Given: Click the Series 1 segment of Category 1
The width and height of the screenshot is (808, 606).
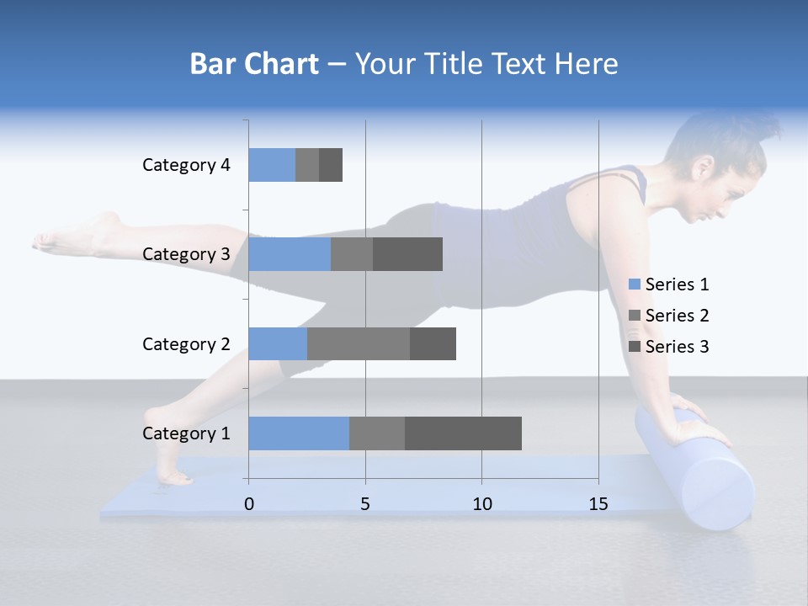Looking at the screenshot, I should (299, 433).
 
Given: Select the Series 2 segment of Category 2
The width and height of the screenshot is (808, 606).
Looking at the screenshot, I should (359, 343).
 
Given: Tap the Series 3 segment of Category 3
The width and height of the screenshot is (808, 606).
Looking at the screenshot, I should (407, 254).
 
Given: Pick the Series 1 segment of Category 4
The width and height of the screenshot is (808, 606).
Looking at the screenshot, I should (272, 165).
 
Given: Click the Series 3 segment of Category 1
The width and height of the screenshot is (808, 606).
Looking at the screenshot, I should (463, 433).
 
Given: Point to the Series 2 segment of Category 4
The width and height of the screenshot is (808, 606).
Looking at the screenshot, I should (307, 165).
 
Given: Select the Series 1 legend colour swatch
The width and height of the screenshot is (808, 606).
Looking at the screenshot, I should (635, 284).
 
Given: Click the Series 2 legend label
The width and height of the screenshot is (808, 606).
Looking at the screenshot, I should (677, 316).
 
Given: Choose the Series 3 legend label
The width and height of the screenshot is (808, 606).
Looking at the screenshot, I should (677, 347).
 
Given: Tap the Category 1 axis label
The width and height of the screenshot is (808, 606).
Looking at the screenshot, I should (186, 433).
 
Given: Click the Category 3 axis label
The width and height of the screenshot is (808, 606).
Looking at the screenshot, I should (186, 254).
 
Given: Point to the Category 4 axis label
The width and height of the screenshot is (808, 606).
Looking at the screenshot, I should (186, 165).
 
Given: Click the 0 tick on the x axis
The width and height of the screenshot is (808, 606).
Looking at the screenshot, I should (249, 504).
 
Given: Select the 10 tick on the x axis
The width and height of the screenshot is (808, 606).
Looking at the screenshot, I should (481, 504).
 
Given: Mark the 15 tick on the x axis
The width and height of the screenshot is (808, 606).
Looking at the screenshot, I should (598, 504).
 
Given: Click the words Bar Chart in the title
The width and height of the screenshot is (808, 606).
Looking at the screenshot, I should (254, 64).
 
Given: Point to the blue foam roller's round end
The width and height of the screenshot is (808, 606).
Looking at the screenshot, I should (716, 497).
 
